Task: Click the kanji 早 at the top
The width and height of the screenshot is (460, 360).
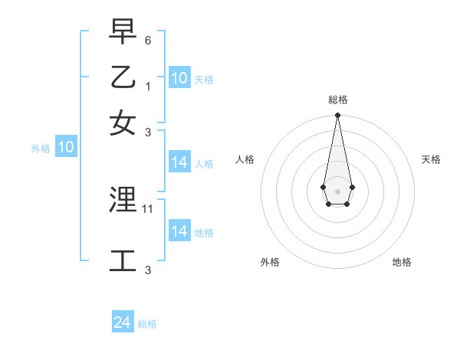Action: point(123,31)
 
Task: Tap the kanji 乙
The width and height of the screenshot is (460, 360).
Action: point(123,77)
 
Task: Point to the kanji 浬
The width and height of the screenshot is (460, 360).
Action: point(123,200)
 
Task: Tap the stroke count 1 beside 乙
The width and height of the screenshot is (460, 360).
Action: point(148,86)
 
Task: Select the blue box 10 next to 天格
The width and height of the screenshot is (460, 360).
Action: point(179,78)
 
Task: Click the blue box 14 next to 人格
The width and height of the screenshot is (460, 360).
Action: point(179,162)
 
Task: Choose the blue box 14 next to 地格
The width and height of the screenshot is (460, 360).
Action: point(179,231)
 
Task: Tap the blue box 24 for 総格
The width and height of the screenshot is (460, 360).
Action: point(123,322)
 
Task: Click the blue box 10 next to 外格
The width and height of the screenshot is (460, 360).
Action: point(66,147)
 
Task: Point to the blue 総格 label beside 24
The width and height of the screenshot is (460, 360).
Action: point(147,324)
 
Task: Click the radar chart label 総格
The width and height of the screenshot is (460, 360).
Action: point(337,100)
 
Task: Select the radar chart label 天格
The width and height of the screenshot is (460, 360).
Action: point(431,159)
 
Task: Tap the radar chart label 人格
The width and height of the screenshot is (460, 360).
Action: point(245,159)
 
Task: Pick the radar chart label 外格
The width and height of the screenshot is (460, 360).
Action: point(270,262)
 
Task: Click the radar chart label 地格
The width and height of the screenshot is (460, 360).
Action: point(402,262)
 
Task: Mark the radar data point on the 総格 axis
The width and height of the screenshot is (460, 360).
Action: point(337,116)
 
